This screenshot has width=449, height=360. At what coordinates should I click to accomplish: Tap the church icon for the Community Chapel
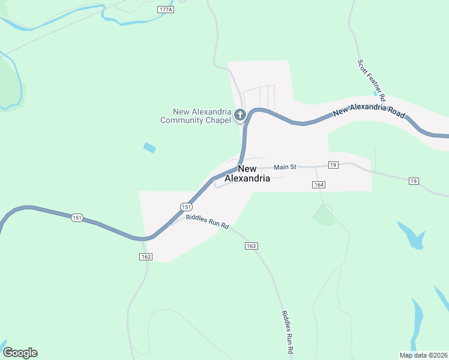pos(240,115)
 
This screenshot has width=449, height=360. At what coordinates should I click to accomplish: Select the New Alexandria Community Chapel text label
pos(196,116)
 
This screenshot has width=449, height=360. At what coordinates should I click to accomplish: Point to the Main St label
pos(286,167)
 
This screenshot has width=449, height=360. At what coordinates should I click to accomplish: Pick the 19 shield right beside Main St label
pos(334,164)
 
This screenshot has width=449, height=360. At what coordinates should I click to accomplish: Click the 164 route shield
pos(319,185)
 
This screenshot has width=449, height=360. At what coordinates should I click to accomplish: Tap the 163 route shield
pos(251,246)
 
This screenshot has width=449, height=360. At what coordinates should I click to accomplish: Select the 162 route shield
pos(145,257)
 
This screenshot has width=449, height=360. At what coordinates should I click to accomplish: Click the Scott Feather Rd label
pos(371,79)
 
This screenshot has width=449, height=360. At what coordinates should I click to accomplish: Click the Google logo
pos(20,353)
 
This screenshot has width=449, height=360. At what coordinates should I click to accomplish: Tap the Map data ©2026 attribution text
pos(423,355)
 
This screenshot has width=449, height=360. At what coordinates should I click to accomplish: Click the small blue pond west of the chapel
pos(149,148)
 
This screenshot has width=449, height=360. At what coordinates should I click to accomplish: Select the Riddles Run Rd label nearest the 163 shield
pos(208,221)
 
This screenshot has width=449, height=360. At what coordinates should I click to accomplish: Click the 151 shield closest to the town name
pos(185,206)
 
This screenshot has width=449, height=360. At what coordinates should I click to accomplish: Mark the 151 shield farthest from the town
pos(77,218)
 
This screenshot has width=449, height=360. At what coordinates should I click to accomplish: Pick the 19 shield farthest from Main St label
pos(413,181)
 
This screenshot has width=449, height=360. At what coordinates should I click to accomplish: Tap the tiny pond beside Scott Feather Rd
pos(376,94)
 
